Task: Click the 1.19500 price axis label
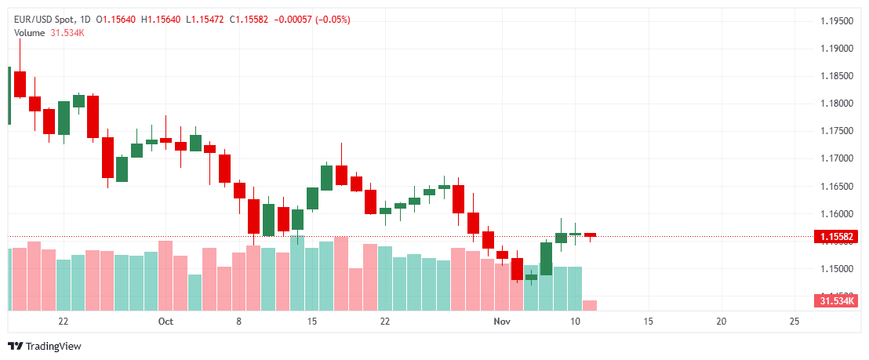pyautogui.click(x=838, y=21)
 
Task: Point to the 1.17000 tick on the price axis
pyautogui.click(x=838, y=158)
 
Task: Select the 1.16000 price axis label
pyautogui.click(x=838, y=214)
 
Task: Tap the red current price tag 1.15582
pyautogui.click(x=838, y=236)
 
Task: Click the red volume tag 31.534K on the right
pyautogui.click(x=838, y=301)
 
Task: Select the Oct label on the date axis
pyautogui.click(x=165, y=322)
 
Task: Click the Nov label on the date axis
pyautogui.click(x=502, y=322)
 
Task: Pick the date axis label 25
pyautogui.click(x=794, y=322)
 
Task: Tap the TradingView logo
pyautogui.click(x=45, y=346)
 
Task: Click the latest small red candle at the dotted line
pyautogui.click(x=590, y=235)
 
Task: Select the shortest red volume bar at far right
pyautogui.click(x=590, y=304)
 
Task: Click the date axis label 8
pyautogui.click(x=238, y=322)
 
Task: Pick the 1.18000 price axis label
pyautogui.click(x=838, y=104)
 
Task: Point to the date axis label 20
pyautogui.click(x=722, y=322)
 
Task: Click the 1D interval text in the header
pyautogui.click(x=85, y=19)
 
